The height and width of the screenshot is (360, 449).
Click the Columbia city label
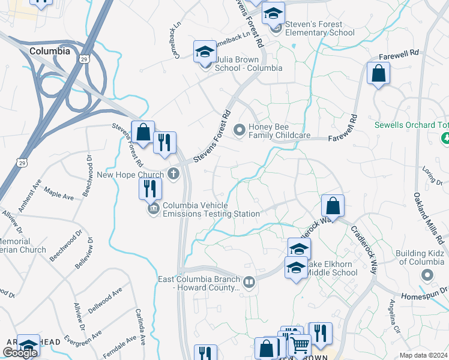pyautogui.click(x=49, y=52)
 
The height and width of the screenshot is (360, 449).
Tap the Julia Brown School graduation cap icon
pyautogui.click(x=205, y=52)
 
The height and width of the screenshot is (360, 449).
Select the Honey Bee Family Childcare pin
pyautogui.click(x=240, y=129)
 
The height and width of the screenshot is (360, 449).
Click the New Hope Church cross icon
pyautogui.click(x=173, y=174)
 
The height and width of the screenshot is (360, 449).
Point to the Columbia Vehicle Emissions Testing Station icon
pyautogui.click(x=152, y=209)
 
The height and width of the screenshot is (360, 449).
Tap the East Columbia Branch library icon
pyautogui.click(x=248, y=281)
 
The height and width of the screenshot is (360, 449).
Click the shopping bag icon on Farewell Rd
pyautogui.click(x=379, y=74)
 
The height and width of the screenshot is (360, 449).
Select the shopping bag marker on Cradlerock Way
pyautogui.click(x=333, y=206)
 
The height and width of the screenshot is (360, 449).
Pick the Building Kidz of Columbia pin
pyautogui.click(x=427, y=275)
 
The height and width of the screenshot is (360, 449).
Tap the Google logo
pyautogui.click(x=19, y=352)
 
